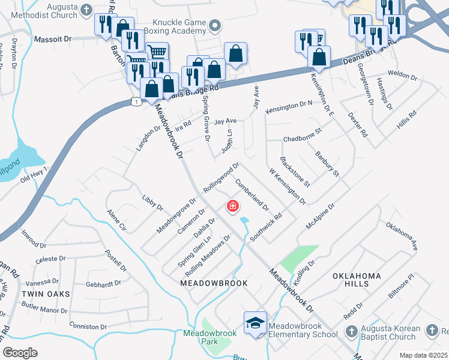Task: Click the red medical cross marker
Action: pos(232,207)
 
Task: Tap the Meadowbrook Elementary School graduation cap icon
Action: pos(255,323)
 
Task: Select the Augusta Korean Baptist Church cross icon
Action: pos(352,331)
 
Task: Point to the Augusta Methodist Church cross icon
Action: pos(86,10)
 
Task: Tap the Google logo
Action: pos(20,352)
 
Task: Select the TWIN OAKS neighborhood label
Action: pos(46,294)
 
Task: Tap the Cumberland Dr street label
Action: pos(252,194)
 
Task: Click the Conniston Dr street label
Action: pos(88,327)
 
